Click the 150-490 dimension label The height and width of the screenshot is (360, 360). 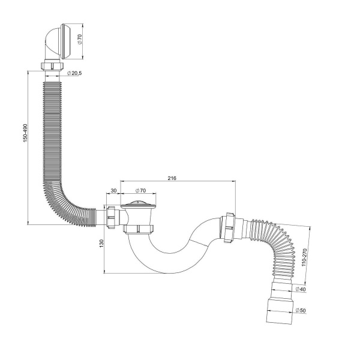click(x=25, y=133)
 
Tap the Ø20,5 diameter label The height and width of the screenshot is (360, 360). click(x=74, y=73)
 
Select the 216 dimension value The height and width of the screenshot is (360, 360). click(x=172, y=178)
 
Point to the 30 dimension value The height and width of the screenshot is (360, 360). click(x=113, y=190)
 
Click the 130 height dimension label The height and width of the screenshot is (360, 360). click(x=101, y=244)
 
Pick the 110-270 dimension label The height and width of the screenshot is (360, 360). click(x=304, y=257)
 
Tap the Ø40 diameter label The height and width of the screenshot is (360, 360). click(x=301, y=289)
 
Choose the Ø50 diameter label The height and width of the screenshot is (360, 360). click(x=301, y=310)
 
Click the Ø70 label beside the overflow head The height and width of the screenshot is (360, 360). click(x=80, y=39)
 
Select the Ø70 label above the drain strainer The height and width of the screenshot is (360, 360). click(x=140, y=190)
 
